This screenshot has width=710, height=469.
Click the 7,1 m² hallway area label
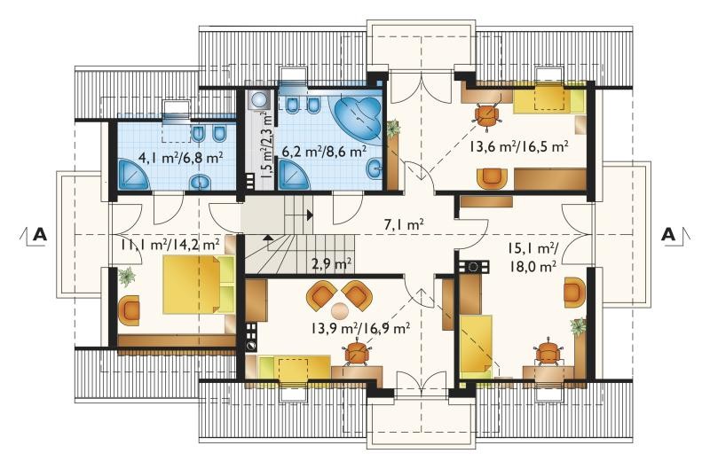coord(404,224)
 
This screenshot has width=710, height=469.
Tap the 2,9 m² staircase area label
coord(332,262)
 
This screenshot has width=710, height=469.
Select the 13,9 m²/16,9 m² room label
coord(360,327)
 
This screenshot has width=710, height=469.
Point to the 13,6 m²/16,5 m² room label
coord(518,146)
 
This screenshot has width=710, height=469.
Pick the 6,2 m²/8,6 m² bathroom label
coord(324,151)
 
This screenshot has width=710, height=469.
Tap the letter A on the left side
coord(40,235)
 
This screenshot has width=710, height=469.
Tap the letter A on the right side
coord(669,235)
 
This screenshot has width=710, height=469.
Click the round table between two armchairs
coord(340,310)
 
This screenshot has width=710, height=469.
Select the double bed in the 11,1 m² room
coord(198,285)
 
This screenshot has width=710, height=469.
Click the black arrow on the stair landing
coord(310,215)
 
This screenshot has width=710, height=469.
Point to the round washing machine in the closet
coord(259,99)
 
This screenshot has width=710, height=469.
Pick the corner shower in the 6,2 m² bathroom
coord(294,175)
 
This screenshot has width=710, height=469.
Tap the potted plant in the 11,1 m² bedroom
coord(127,276)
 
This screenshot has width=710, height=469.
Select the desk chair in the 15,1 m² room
coord(548,351)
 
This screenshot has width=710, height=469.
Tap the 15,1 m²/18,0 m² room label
coord(532,257)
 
